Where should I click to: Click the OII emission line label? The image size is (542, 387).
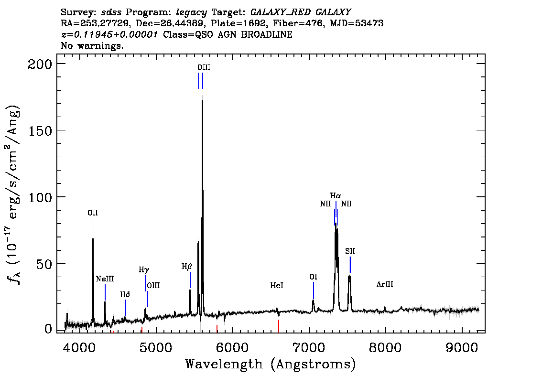(93, 213)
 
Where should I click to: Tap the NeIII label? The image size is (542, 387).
(105, 279)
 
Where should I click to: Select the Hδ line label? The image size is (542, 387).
(125, 295)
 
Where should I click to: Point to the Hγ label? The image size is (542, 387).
(144, 269)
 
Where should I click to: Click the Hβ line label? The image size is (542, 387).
(187, 267)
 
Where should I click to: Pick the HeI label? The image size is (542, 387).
(277, 285)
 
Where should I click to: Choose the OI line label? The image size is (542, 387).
(313, 277)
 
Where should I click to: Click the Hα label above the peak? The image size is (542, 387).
(336, 196)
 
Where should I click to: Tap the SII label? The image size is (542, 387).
(350, 251)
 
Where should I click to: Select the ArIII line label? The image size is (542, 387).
(385, 284)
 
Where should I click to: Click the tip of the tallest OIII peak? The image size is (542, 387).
(202, 100)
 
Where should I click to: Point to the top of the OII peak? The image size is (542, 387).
(93, 238)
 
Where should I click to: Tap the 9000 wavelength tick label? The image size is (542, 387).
(462, 347)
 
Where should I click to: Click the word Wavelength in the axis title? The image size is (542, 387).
(224, 364)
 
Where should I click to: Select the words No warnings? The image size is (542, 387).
(92, 45)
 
